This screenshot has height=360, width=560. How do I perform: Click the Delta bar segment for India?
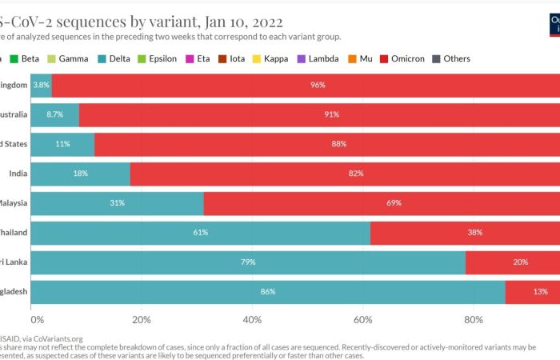point(80,174)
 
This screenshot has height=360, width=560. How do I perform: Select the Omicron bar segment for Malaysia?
point(382,203)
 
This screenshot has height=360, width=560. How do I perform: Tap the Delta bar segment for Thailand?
point(200,233)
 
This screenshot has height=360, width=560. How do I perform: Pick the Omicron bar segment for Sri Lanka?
point(512,262)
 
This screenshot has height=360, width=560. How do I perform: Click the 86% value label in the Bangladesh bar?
point(268,292)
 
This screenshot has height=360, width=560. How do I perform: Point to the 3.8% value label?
point(41,85)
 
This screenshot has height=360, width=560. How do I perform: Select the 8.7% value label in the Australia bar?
point(55,114)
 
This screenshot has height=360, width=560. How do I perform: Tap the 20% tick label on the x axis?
point(142,321)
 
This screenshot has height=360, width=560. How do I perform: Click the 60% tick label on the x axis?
point(363,321)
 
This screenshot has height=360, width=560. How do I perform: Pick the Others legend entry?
point(456,58)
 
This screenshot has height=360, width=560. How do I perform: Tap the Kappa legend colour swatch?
point(258,58)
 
